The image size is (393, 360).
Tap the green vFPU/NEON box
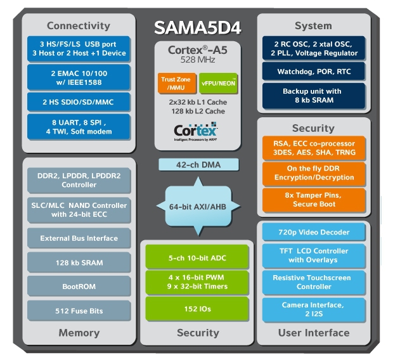coord(219,82)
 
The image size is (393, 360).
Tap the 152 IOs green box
coord(197,309)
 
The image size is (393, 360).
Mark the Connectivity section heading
coord(79,26)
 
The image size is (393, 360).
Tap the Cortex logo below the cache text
coord(196,131)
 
